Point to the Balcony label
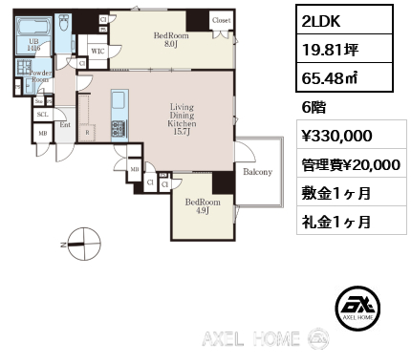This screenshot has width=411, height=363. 257,172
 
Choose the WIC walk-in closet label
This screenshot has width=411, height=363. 97,51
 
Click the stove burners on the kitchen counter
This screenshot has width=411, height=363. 119,127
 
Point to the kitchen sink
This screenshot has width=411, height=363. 119,101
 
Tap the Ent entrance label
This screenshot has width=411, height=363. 65,124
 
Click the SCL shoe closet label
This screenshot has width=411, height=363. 42,114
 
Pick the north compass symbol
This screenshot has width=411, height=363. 83,243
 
